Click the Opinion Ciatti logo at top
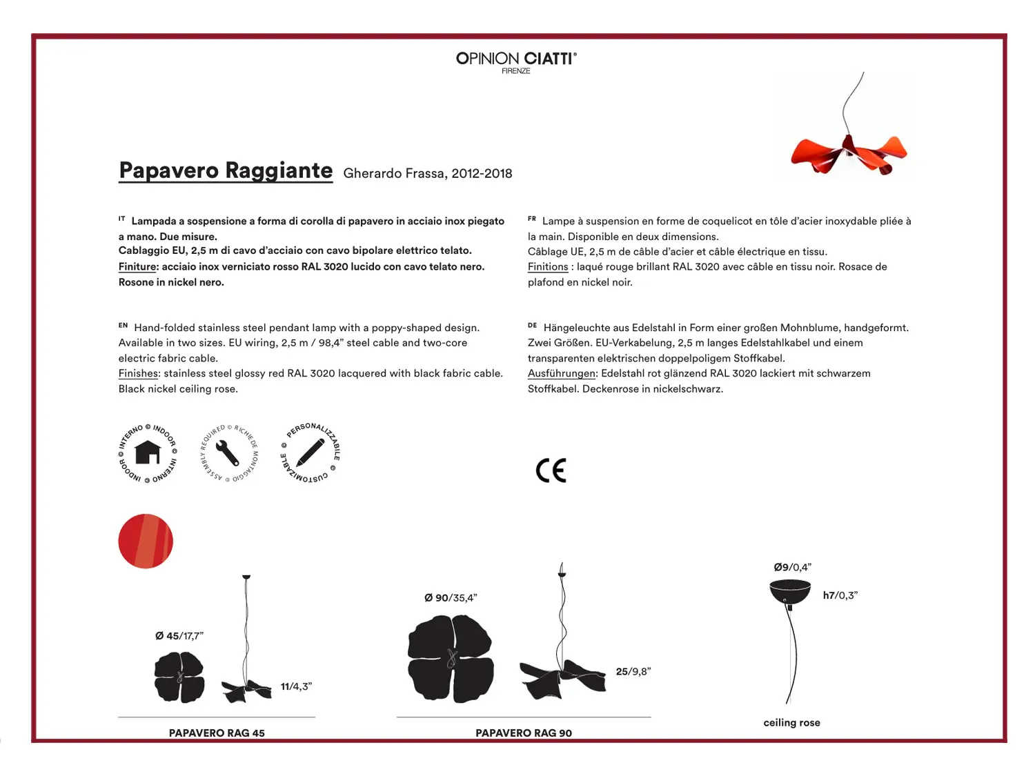(x=516, y=61)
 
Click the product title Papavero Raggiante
(x=226, y=170)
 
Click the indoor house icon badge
(x=148, y=453)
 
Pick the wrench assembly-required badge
(x=228, y=453)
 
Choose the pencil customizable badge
(x=310, y=453)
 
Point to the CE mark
(x=551, y=470)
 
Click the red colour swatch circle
(x=146, y=541)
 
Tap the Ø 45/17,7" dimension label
(x=179, y=636)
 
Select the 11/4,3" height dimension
(x=296, y=686)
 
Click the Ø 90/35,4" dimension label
(x=451, y=598)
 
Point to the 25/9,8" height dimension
(x=633, y=672)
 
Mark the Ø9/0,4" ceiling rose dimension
(x=792, y=568)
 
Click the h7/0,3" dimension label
(x=840, y=595)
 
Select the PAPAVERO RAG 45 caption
(x=217, y=733)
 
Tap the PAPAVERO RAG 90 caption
(x=524, y=733)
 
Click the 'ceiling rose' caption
(x=791, y=723)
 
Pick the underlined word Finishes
(x=139, y=373)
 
